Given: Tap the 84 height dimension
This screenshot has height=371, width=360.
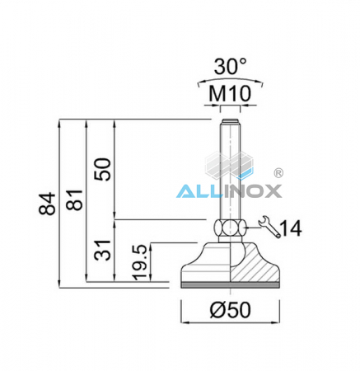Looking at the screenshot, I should pyautogui.click(x=49, y=204).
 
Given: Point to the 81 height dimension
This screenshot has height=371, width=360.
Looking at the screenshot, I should pyautogui.click(x=77, y=204).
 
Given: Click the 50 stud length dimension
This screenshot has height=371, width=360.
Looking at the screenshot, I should pyautogui.click(x=102, y=171).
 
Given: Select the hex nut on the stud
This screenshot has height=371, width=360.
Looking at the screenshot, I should pyautogui.click(x=229, y=229).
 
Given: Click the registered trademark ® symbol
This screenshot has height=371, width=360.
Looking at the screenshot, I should pyautogui.click(x=278, y=175).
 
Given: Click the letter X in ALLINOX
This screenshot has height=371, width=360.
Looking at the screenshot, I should pyautogui.click(x=273, y=191).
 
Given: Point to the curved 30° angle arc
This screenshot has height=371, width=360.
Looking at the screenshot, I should pyautogui.click(x=230, y=82).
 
